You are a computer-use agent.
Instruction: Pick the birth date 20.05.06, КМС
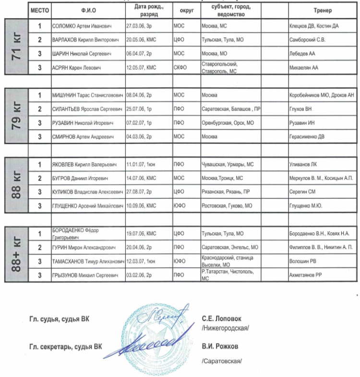click(141, 40)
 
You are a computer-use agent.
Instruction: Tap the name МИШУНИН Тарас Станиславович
click(87, 95)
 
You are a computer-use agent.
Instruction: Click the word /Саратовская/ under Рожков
click(222, 362)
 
